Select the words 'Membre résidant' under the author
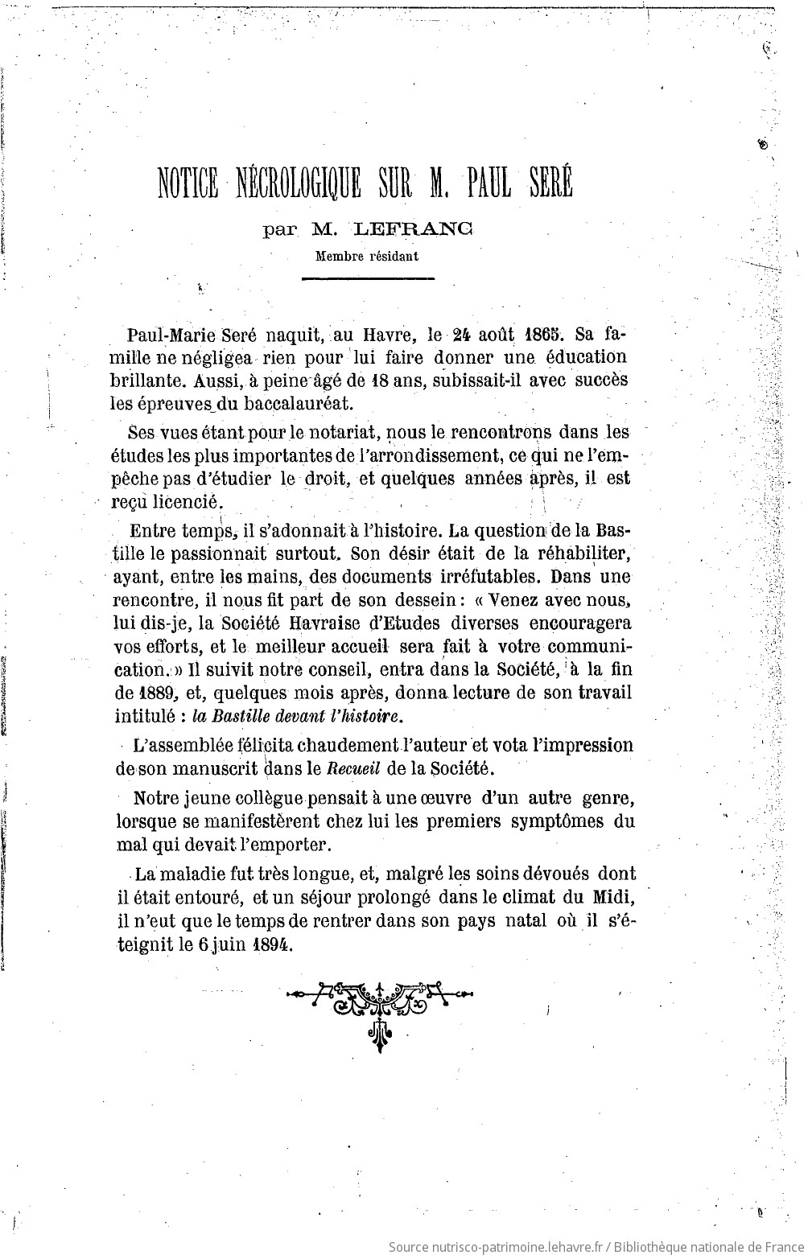point(367,257)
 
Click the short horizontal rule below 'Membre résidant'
point(367,278)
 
